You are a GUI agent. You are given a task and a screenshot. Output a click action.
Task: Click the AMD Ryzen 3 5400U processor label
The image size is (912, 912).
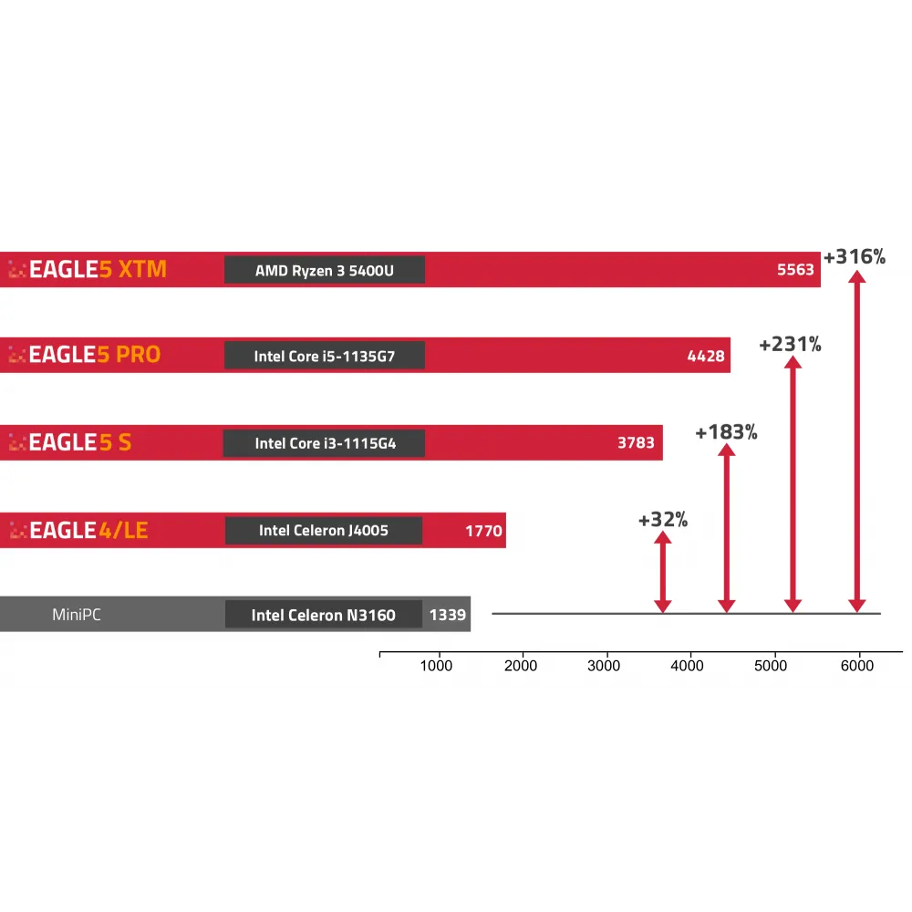tap(325, 270)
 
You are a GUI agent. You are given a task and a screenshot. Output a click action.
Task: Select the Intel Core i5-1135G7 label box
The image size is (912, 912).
tap(325, 356)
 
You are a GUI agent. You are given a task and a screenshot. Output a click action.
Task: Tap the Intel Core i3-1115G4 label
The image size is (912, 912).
tap(324, 443)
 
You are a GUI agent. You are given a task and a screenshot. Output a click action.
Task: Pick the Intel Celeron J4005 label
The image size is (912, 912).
tap(324, 530)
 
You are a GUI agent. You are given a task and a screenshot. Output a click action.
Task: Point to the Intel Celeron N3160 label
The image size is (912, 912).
tap(324, 615)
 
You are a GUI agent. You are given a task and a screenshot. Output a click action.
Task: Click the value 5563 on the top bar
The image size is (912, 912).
tap(795, 270)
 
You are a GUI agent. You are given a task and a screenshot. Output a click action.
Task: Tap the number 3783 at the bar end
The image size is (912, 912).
tap(636, 443)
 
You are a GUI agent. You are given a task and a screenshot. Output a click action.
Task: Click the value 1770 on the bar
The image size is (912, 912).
tap(483, 530)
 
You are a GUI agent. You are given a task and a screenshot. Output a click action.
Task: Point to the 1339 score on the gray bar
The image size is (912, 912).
tap(448, 615)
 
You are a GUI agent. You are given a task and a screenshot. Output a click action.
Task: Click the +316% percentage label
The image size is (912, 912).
tap(855, 257)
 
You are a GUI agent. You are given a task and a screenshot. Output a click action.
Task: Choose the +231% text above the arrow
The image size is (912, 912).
tap(791, 345)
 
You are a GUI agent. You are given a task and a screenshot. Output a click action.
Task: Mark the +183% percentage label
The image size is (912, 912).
tap(726, 432)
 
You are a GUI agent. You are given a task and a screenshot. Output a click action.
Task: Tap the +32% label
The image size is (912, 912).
tap(663, 521)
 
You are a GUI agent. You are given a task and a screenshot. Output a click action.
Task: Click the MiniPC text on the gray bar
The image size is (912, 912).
tap(77, 615)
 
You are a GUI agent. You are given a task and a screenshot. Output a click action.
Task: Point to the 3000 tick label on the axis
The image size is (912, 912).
tap(604, 666)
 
